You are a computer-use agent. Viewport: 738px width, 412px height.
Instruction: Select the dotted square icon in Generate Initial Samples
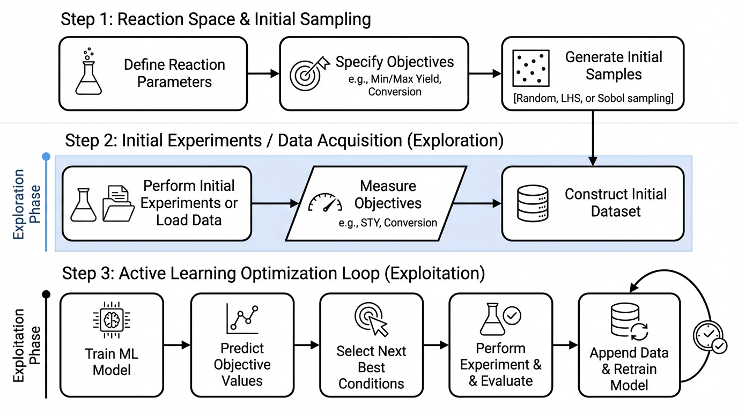(x=531, y=69)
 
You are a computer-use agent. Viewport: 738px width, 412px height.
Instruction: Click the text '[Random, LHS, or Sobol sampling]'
(x=593, y=98)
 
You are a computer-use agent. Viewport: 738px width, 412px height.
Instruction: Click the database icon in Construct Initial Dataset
(x=533, y=203)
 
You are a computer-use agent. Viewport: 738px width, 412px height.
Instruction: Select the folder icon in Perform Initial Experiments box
(x=119, y=203)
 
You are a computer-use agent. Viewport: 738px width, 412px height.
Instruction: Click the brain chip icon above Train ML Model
(x=112, y=320)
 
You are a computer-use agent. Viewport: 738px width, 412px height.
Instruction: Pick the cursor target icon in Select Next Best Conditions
(x=372, y=319)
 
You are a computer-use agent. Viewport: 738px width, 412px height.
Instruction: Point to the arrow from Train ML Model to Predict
(x=177, y=345)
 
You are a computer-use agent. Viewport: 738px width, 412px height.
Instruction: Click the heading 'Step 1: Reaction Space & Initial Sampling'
(x=216, y=20)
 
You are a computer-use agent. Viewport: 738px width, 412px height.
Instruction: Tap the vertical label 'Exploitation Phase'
(x=27, y=345)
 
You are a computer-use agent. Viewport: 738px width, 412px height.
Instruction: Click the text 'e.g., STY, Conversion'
(x=388, y=223)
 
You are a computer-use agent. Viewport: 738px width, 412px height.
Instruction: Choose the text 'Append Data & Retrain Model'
(x=629, y=369)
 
